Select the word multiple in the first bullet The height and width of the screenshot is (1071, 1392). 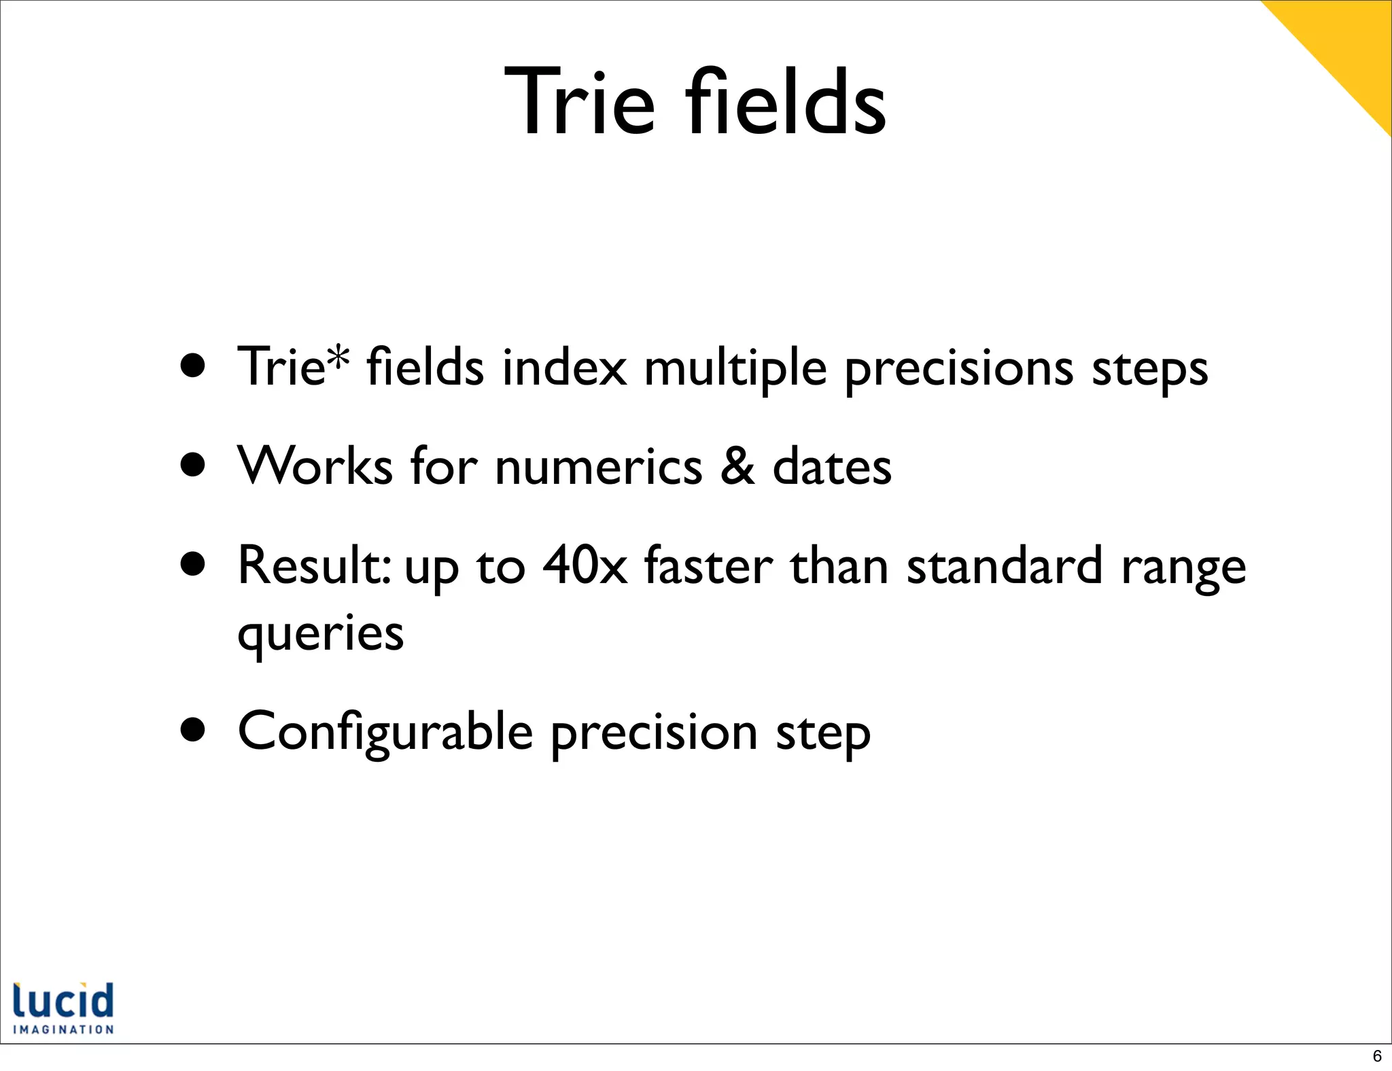(x=735, y=368)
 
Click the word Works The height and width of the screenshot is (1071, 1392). (x=315, y=467)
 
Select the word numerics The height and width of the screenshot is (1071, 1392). (x=598, y=468)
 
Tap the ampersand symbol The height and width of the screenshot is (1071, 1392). (x=737, y=467)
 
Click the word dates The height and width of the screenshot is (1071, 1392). (x=832, y=467)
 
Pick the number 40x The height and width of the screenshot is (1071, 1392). (x=585, y=566)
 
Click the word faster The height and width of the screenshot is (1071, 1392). (x=708, y=566)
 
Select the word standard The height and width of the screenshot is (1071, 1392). (x=1005, y=566)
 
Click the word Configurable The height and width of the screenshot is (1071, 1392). (x=385, y=733)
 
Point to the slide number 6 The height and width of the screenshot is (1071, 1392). (x=1377, y=1056)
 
